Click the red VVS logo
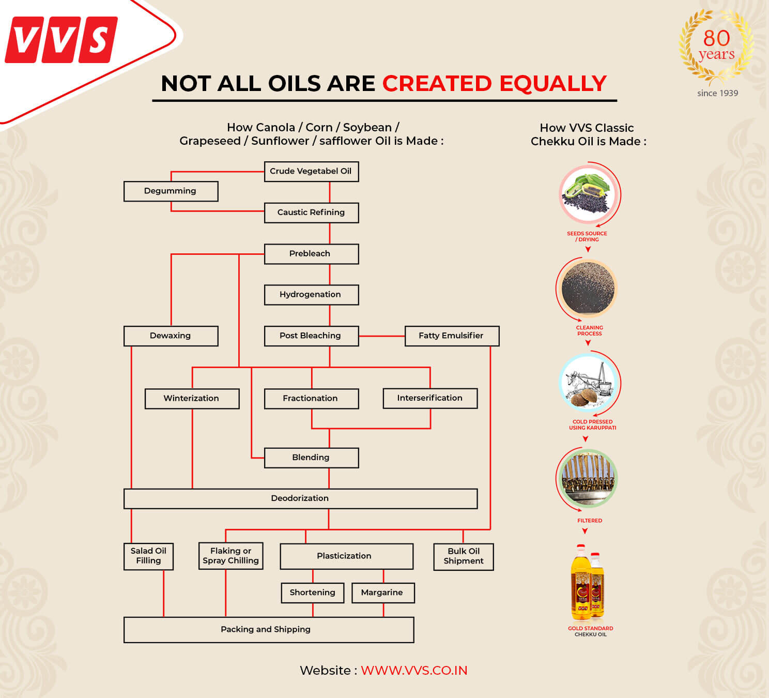tap(61, 40)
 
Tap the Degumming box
tap(171, 191)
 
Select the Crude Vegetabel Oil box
tap(311, 171)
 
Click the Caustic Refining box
tap(311, 213)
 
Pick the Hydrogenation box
tap(311, 295)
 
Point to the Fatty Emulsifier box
tap(452, 336)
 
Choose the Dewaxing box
tap(171, 336)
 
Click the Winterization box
tap(192, 398)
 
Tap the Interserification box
tap(430, 398)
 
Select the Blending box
tap(311, 458)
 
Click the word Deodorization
tap(300, 498)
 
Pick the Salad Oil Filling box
tap(148, 556)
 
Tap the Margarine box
tap(382, 593)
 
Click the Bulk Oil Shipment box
tap(464, 556)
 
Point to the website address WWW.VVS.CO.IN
tap(414, 671)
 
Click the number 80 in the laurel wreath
tap(716, 38)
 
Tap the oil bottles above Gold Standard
tap(588, 582)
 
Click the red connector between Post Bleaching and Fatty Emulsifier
tap(381, 336)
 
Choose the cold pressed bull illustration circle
tap(588, 383)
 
